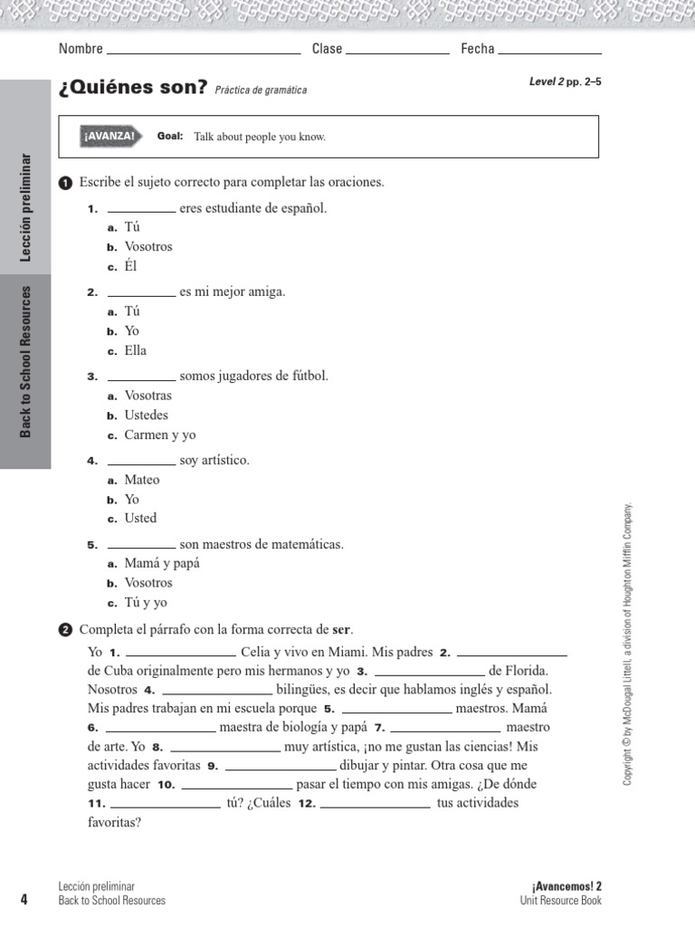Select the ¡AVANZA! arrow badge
point(110,137)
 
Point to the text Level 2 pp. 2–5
point(565,81)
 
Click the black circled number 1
point(64,184)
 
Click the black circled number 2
point(64,630)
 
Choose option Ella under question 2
point(135,350)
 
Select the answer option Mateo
point(141,480)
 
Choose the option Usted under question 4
point(140,518)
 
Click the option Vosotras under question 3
point(148,396)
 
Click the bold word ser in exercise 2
point(341,630)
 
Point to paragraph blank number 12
point(376,804)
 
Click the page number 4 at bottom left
point(24,899)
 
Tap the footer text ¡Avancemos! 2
point(566,886)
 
